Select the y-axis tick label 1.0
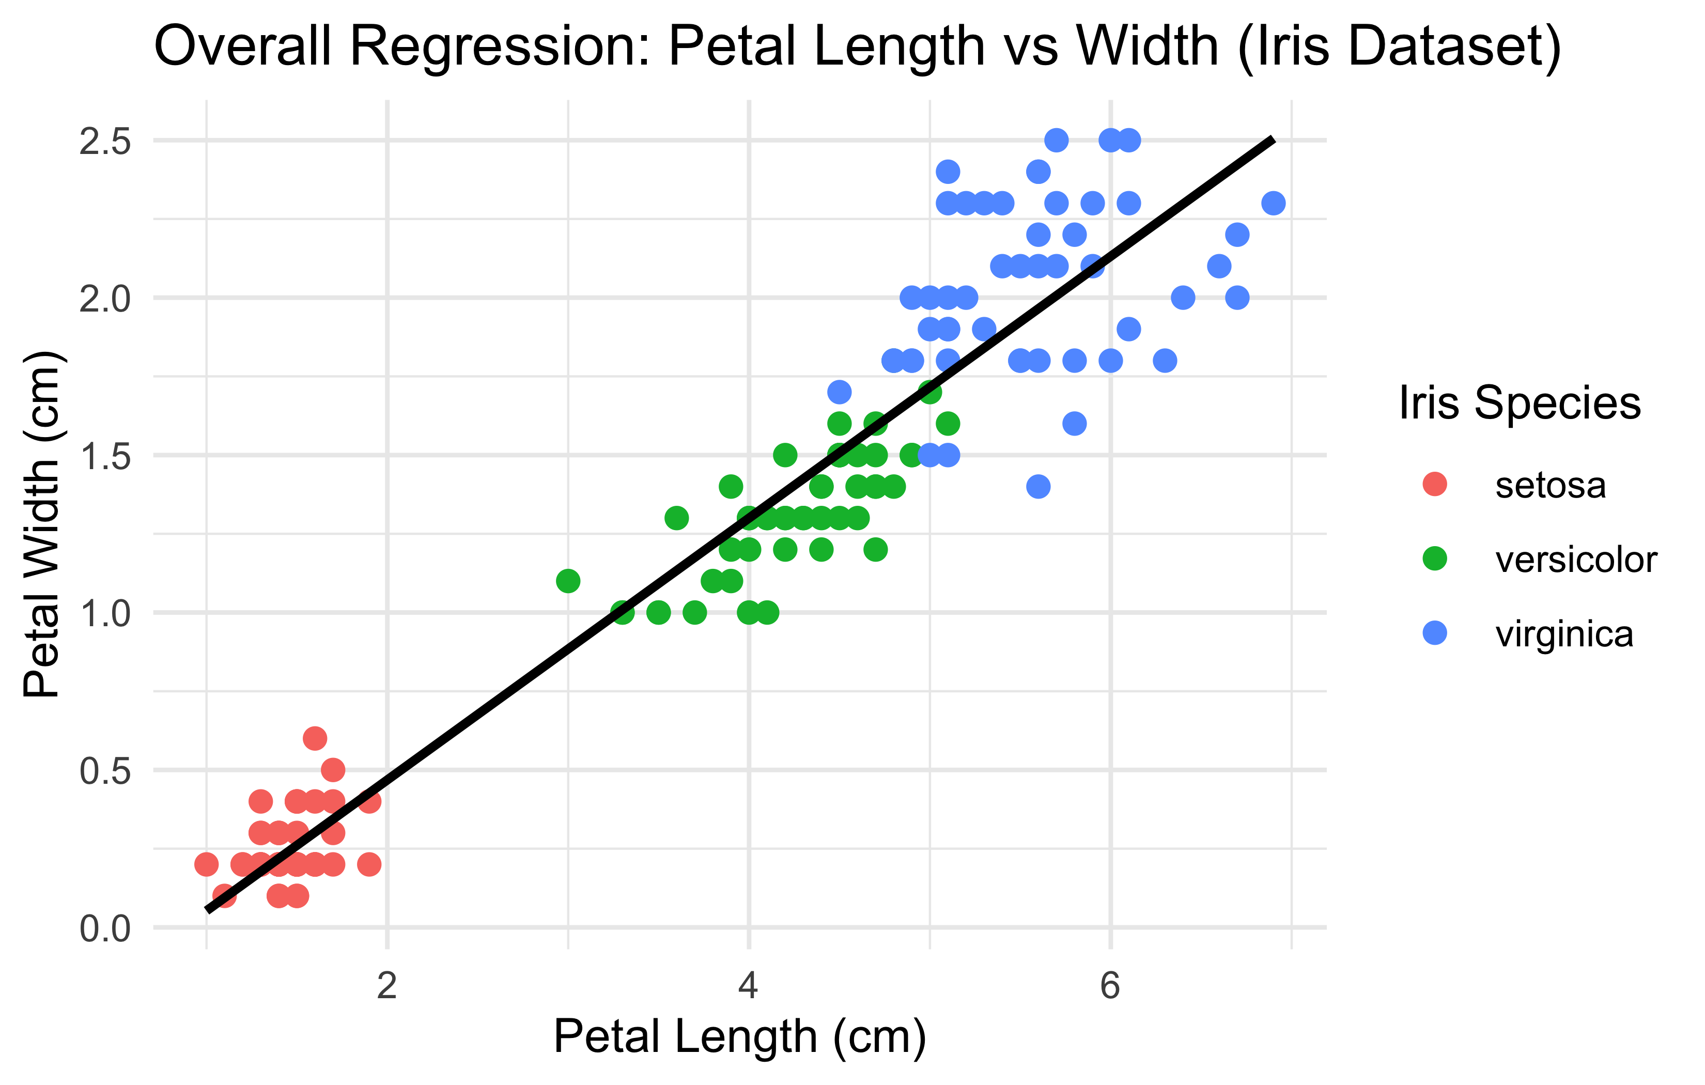coord(105,613)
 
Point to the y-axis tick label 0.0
coord(105,928)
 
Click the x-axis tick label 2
coord(386,986)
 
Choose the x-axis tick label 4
coord(749,986)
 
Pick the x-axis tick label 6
coord(1110,986)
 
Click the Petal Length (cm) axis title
coord(740,1037)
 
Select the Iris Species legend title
coord(1520,403)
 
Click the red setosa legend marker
coord(1434,485)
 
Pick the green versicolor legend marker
coord(1434,559)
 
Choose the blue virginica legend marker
coord(1434,633)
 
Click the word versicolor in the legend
coord(1576,560)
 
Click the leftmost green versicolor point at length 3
coord(568,581)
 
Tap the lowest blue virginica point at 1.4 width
coord(1038,487)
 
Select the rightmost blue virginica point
coord(1273,203)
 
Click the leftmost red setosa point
coord(206,864)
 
